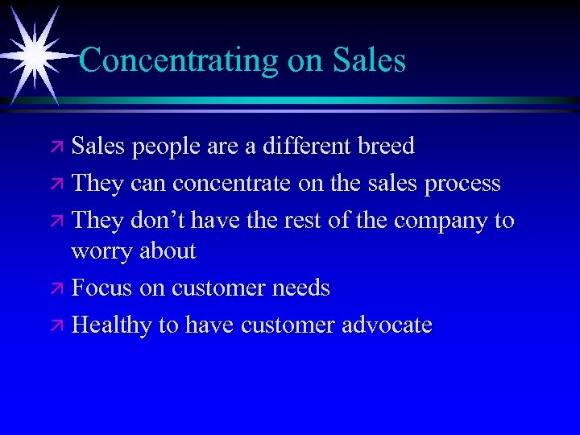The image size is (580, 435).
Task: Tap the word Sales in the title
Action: click(369, 60)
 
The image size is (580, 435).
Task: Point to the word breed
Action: click(386, 147)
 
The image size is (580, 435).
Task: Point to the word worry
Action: click(102, 252)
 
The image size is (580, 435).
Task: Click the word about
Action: click(168, 251)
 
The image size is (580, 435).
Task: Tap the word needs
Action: click(300, 288)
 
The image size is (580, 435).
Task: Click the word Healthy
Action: click(112, 325)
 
